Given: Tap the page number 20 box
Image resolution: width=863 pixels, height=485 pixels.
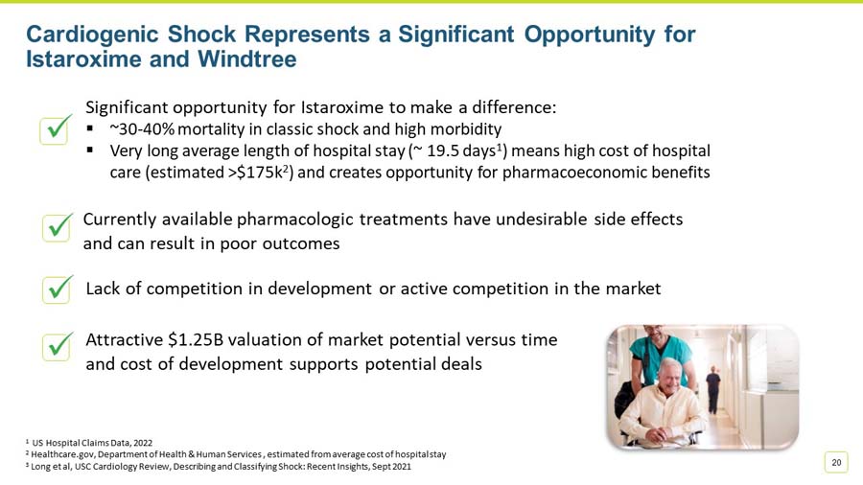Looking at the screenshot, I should (836, 463).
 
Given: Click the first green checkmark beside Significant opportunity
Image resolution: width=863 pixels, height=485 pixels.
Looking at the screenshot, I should (56, 128).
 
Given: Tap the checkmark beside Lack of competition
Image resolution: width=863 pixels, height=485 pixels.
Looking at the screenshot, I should (58, 288).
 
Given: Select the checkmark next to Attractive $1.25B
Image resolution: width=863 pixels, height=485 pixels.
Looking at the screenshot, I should (58, 346).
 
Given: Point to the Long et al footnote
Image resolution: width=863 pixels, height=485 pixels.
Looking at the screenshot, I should (221, 466).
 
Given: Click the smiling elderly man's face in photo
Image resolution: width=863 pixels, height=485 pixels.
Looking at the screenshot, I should (668, 374).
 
